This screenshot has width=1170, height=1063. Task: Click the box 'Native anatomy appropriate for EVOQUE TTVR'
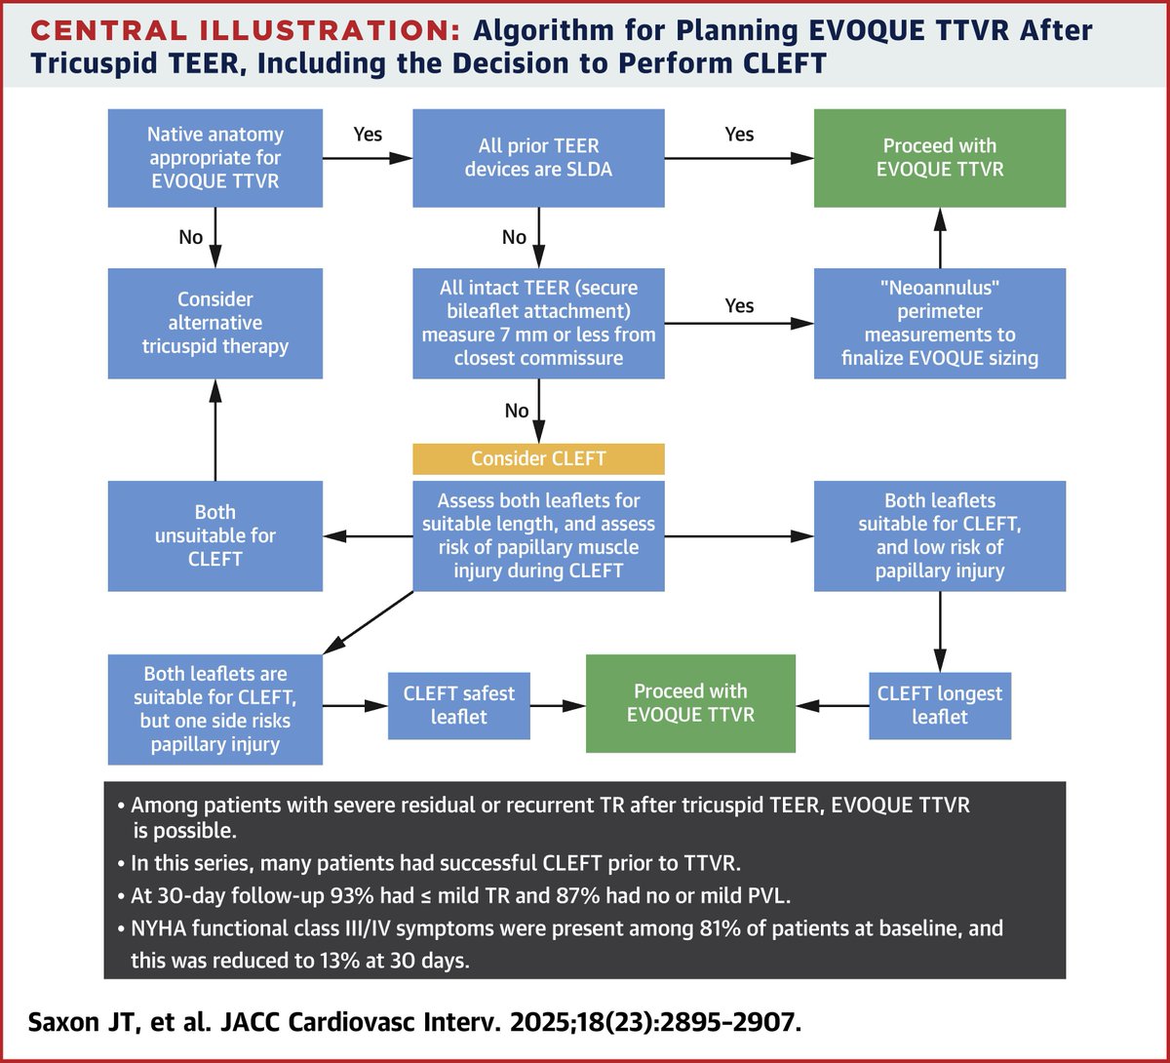click(214, 158)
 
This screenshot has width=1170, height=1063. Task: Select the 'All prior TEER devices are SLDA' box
click(538, 158)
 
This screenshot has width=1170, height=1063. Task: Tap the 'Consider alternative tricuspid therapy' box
click(214, 323)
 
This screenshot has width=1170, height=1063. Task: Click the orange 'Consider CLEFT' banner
click(538, 458)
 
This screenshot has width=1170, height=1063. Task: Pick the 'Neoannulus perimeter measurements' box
click(940, 323)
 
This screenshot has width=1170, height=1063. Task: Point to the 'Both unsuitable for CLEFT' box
click(214, 535)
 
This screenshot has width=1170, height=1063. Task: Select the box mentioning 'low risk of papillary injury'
click(940, 535)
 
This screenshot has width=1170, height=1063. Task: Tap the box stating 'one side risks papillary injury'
click(214, 709)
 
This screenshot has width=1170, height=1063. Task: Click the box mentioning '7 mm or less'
click(538, 323)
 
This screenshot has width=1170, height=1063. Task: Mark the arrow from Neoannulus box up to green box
click(940, 238)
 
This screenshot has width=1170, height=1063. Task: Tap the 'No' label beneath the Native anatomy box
click(190, 237)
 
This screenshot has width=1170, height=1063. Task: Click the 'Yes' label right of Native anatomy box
click(367, 135)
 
